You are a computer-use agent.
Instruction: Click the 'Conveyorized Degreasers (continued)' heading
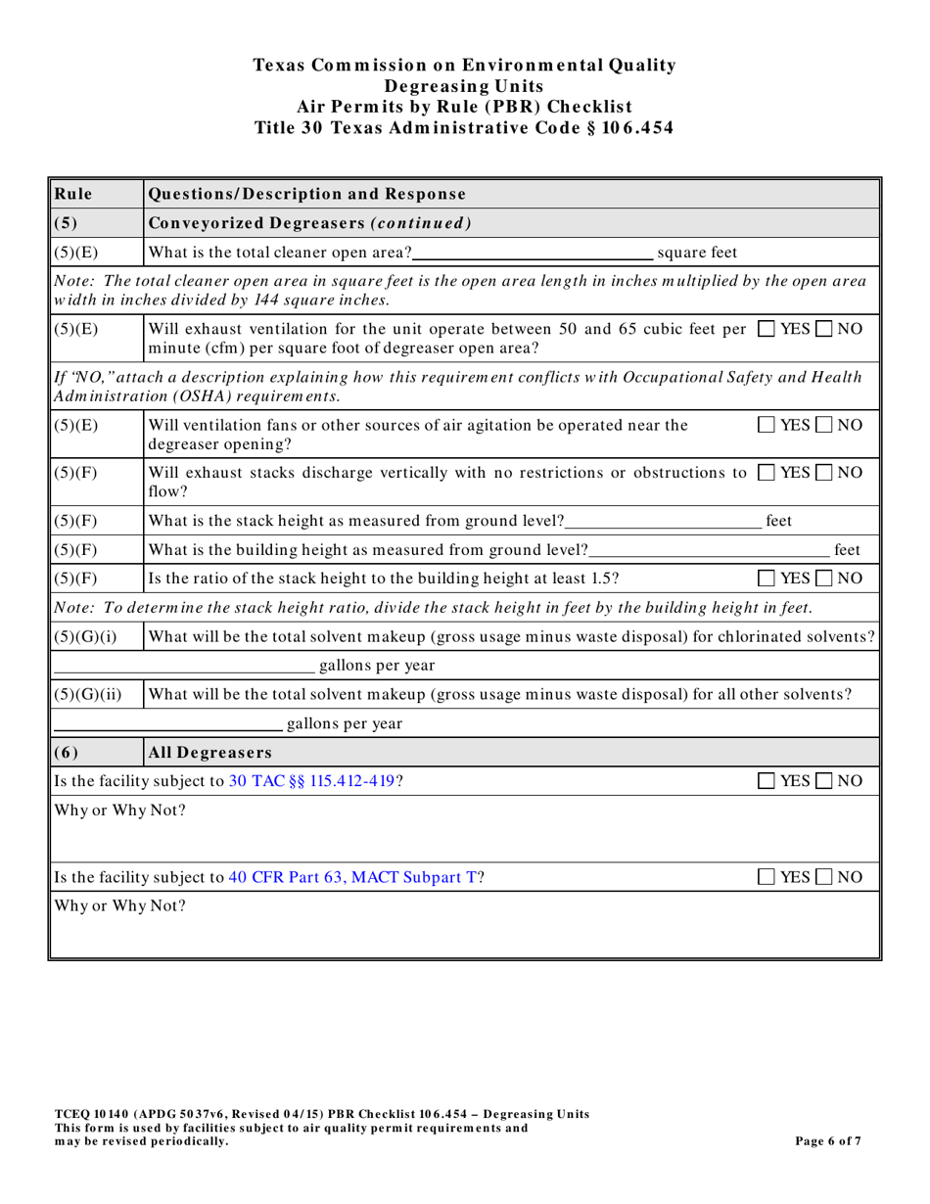click(x=309, y=222)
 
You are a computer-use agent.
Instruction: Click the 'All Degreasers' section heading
click(x=208, y=753)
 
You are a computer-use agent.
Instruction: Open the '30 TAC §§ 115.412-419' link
click(x=311, y=781)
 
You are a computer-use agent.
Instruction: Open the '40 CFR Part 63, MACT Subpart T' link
click(x=352, y=877)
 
